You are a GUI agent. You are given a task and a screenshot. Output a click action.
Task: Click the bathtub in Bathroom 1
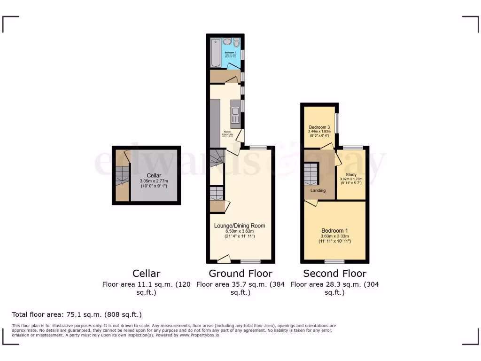215,53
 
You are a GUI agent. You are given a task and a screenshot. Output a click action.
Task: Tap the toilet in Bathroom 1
236,43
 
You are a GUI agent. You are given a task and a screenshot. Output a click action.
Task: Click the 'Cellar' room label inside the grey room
154,175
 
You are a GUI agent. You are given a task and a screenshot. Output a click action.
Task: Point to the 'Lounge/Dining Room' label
240,226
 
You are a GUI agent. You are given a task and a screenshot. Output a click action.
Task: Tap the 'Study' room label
351,174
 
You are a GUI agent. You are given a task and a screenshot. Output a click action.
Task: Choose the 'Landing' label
318,190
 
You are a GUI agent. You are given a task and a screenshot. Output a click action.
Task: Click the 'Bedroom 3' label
319,127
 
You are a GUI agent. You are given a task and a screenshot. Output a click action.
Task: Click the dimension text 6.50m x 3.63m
240,231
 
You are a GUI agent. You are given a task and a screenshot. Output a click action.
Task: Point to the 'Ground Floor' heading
240,274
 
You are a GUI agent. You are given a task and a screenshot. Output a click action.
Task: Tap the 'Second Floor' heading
334,274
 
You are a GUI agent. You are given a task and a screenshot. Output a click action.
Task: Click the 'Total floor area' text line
77,314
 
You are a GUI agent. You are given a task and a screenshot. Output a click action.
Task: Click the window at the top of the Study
353,148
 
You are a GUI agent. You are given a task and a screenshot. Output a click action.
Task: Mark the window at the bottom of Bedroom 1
334,261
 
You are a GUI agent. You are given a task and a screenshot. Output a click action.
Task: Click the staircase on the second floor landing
311,174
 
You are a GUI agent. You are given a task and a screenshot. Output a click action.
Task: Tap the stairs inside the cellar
122,179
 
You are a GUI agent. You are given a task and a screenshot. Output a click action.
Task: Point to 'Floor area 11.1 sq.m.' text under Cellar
146,284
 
